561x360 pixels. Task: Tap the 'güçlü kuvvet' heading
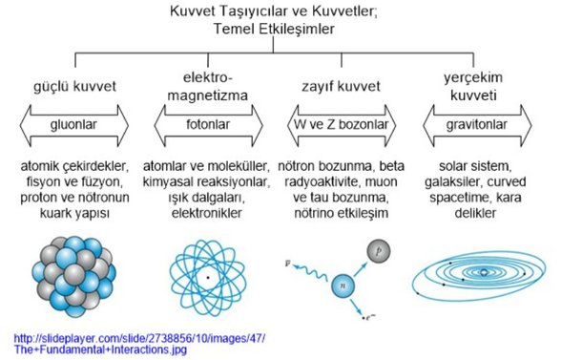tap(74, 86)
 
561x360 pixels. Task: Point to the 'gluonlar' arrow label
tap(74, 124)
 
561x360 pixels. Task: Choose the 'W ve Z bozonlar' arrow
tap(343, 124)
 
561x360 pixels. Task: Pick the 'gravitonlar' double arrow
tap(482, 124)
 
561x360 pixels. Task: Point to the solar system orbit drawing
tap(482, 275)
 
